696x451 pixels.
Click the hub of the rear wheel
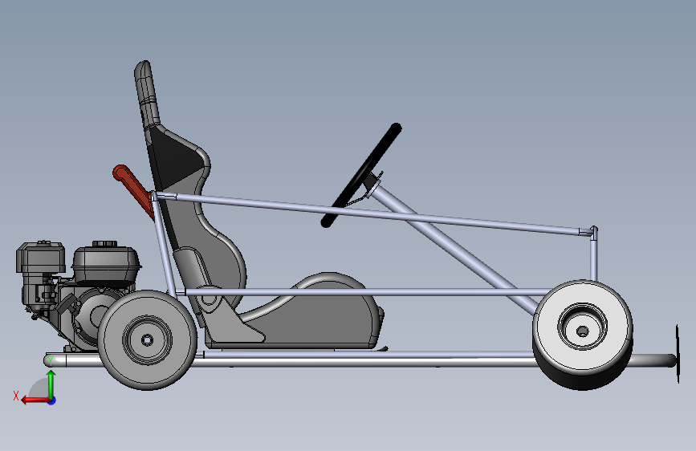pos(148,339)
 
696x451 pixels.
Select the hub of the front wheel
pos(582,328)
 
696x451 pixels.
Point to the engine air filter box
pos(40,258)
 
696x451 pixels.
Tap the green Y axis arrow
pos(51,382)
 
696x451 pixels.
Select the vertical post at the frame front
pos(593,257)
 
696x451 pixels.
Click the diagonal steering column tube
pos(450,241)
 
